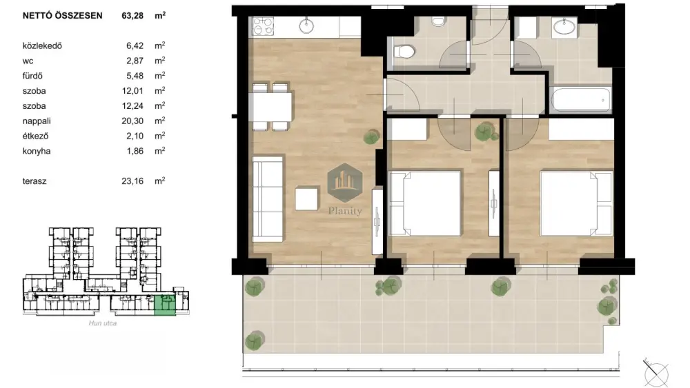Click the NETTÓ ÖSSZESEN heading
click(63, 16)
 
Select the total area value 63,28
click(132, 16)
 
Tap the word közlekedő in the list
click(42, 45)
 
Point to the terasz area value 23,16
click(132, 181)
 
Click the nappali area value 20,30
click(132, 121)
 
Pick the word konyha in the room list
click(37, 151)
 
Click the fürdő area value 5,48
click(135, 76)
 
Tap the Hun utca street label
click(103, 323)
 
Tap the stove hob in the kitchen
click(263, 26)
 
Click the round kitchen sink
click(306, 25)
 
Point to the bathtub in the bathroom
click(580, 100)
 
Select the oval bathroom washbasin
click(564, 28)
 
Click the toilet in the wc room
click(404, 52)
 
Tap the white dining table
click(270, 106)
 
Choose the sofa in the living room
click(267, 198)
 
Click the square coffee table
click(307, 198)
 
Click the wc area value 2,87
click(135, 61)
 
